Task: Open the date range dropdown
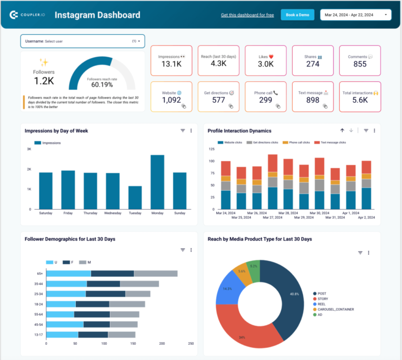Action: [355, 15]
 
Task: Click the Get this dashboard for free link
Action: [247, 15]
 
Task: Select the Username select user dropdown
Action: [83, 41]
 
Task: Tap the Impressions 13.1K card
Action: [172, 60]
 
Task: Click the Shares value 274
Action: [313, 64]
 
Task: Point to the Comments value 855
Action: [360, 64]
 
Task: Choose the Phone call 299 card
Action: [266, 96]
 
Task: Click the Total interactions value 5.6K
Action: [360, 100]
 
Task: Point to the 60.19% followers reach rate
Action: [102, 84]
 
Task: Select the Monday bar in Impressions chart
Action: [158, 182]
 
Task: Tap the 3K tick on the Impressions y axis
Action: [29, 149]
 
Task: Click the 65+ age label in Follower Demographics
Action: [40, 274]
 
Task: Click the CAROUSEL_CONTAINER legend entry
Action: [336, 309]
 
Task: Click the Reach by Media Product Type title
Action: [260, 239]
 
